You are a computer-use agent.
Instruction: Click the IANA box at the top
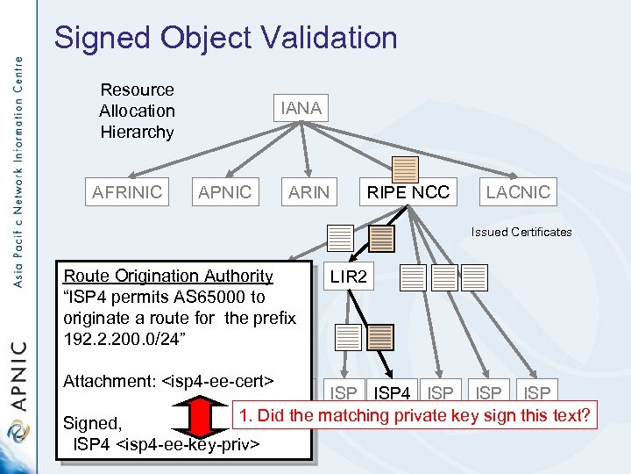pyautogui.click(x=301, y=108)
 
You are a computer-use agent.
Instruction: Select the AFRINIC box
pyautogui.click(x=128, y=192)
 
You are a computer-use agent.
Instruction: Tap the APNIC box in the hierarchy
pyautogui.click(x=224, y=192)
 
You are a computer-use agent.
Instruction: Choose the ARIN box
pyautogui.click(x=308, y=192)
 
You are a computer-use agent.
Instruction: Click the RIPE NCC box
pyautogui.click(x=408, y=192)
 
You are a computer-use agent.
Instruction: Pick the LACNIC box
pyautogui.click(x=518, y=192)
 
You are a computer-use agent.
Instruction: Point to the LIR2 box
pyautogui.click(x=349, y=277)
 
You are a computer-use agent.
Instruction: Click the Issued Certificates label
pyautogui.click(x=521, y=233)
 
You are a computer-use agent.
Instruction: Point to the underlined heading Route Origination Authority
pyautogui.click(x=168, y=276)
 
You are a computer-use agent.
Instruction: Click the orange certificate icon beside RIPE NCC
pyautogui.click(x=405, y=169)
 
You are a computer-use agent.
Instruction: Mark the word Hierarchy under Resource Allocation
pyautogui.click(x=137, y=132)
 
